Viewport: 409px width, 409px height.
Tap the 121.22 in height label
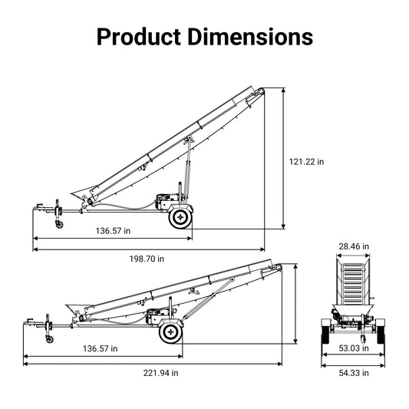[306, 162]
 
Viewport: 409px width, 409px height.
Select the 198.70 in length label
[147, 259]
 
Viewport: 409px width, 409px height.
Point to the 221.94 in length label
[161, 373]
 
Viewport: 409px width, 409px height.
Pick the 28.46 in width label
[354, 246]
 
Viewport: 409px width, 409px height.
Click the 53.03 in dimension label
[353, 348]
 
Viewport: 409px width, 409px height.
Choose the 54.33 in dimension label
[353, 373]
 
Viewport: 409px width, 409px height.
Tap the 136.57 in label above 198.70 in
[113, 230]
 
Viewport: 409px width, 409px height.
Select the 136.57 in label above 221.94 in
[101, 348]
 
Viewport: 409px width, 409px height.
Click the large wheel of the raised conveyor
[180, 218]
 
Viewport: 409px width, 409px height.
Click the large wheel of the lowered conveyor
[170, 332]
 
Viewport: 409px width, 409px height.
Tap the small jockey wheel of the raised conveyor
[58, 223]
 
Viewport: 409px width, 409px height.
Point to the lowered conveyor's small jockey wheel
[49, 338]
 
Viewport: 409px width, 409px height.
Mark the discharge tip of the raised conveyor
[262, 91]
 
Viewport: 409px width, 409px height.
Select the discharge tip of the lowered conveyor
[279, 266]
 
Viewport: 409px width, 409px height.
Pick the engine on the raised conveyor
[163, 203]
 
